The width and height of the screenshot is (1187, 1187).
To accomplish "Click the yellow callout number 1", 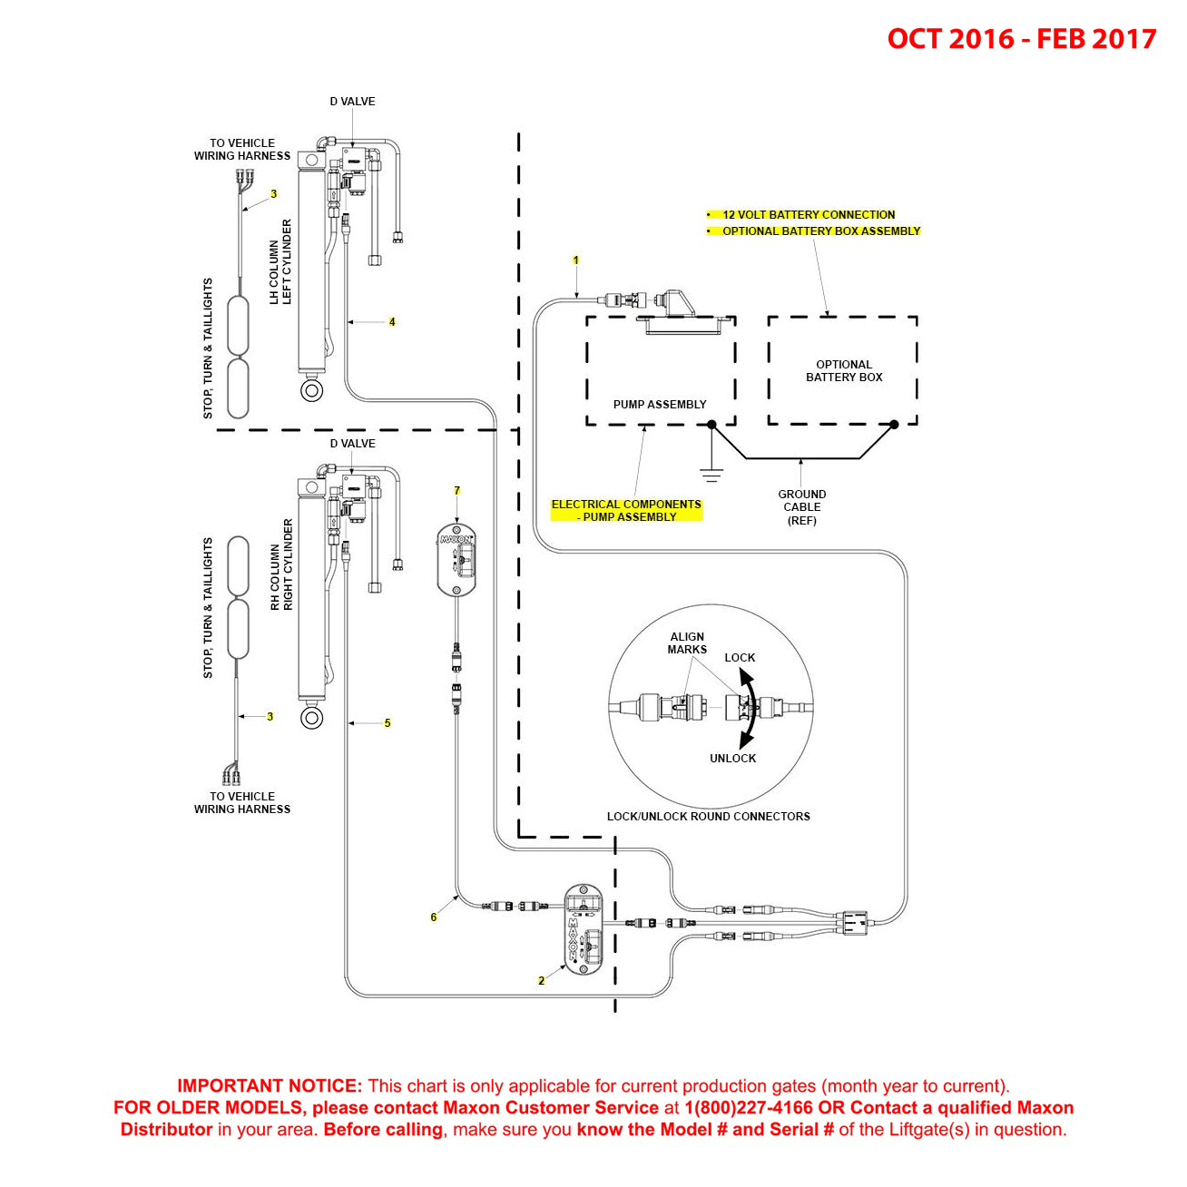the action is coord(575,260).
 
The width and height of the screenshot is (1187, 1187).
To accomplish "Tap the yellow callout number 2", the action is coord(541,980).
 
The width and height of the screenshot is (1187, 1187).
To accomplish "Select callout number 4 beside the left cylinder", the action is coord(392,321).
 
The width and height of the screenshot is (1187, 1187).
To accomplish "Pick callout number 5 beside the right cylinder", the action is coord(387,722).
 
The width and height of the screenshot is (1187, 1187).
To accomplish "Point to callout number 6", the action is coord(433,917).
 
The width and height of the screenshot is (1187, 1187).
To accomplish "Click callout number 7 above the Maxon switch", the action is coord(456,490).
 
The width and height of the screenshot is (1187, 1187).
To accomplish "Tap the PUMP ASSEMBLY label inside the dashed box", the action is coord(659,404).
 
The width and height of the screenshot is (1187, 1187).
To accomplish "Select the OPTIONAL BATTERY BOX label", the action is coord(843,370).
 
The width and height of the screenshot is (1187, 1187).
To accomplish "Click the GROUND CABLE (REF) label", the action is coord(801,507).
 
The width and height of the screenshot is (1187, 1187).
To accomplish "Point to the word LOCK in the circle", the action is coord(740,657).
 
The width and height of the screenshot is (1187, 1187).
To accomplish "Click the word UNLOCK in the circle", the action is coord(732,759).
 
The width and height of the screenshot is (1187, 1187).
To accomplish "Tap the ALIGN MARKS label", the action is coord(687,643).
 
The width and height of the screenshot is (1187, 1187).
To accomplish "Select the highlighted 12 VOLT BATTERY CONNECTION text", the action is coord(808,214).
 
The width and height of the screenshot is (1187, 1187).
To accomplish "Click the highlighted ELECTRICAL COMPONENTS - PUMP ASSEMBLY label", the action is coord(626,510).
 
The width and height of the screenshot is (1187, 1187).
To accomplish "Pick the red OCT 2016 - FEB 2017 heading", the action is coord(1021,38).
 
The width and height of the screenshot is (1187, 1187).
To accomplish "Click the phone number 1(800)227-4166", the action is coord(749,1107).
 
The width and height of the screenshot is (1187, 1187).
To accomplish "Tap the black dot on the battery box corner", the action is coord(894,425).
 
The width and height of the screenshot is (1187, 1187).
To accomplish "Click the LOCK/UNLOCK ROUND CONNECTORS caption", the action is coord(709,816).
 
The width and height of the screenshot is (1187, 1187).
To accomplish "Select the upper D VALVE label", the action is coord(352,101).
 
